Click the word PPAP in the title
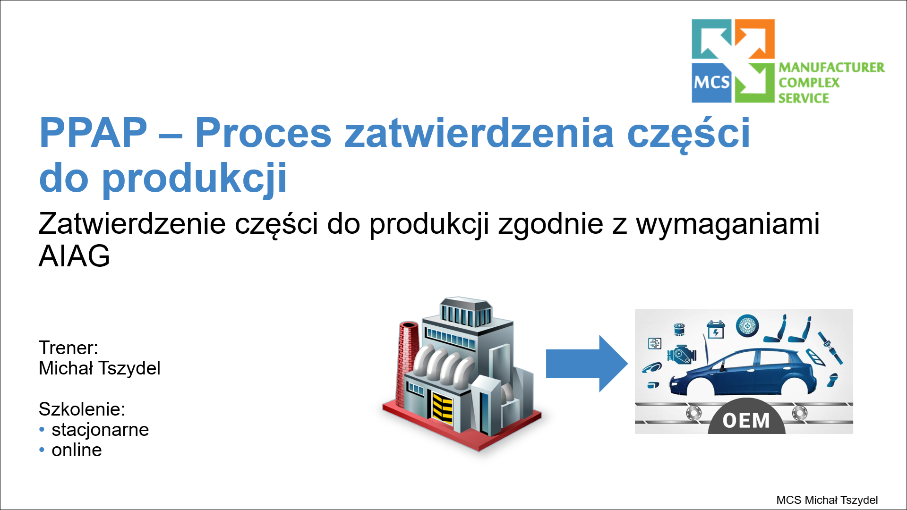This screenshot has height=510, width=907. coord(93,133)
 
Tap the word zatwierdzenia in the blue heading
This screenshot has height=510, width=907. coord(479,133)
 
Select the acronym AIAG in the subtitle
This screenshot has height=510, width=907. coord(74,256)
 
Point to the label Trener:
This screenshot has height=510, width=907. coord(68,348)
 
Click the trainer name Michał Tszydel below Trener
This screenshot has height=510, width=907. coord(100,368)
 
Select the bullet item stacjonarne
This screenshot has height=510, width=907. coord(100,430)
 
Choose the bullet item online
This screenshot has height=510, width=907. coord(77,450)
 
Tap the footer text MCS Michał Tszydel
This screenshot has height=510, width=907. coord(827,500)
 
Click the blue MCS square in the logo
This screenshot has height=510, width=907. coord(711,83)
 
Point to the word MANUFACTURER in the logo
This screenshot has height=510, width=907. coord(831,68)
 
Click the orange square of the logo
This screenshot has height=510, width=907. coord(755,39)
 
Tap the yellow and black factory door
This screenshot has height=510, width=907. coord(443,407)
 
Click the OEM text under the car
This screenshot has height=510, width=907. coord(746,420)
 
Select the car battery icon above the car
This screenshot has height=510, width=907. coord(716,329)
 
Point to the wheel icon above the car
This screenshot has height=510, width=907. coord(747,325)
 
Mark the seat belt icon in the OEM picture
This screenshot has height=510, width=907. coord(830,347)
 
